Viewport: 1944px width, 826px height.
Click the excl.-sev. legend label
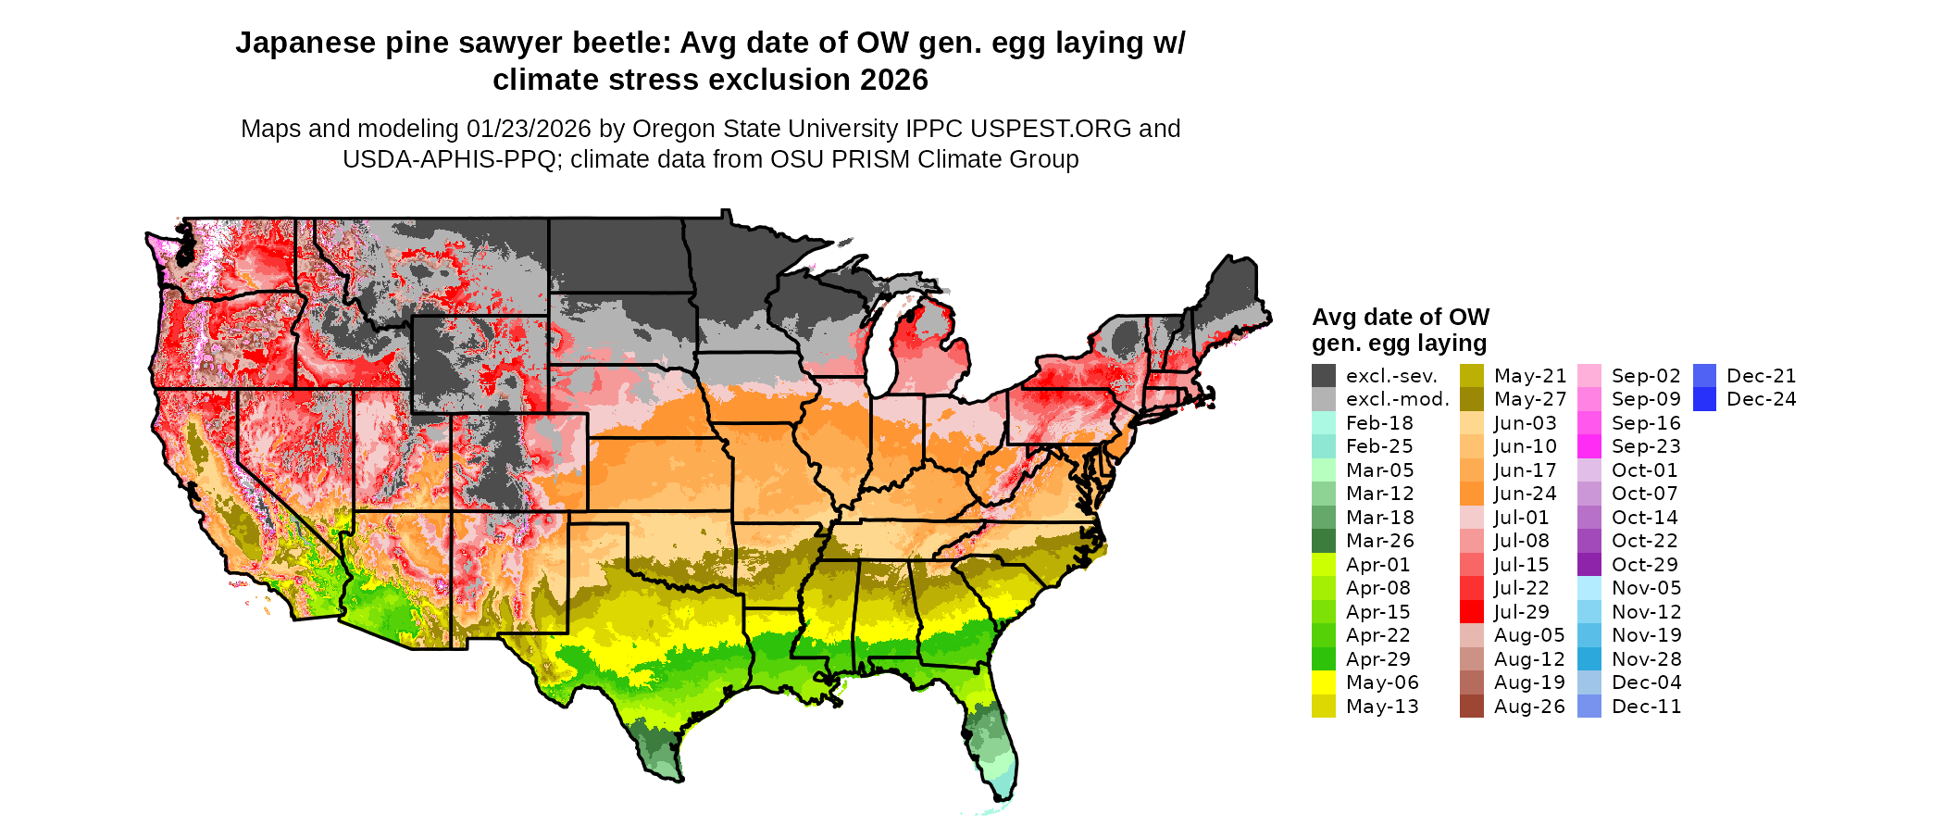[1391, 376]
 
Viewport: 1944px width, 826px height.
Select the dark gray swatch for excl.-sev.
[1324, 376]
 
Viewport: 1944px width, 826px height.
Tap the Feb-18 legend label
[1379, 423]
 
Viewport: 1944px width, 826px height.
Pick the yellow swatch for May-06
[1324, 682]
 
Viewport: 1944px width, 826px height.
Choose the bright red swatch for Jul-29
[1472, 612]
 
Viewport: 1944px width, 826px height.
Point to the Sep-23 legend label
[1646, 446]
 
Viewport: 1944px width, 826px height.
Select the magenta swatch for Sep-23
[1589, 446]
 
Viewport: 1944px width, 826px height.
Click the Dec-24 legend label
[1762, 399]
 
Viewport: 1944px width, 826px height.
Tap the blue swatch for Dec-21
[1704, 376]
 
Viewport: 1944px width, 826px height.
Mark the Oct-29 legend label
[1645, 565]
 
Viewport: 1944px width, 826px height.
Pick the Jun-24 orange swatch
[1472, 494]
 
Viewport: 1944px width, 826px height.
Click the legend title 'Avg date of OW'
[1401, 317]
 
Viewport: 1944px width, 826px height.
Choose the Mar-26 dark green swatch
[1324, 541]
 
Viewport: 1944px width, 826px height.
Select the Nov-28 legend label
[1646, 659]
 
